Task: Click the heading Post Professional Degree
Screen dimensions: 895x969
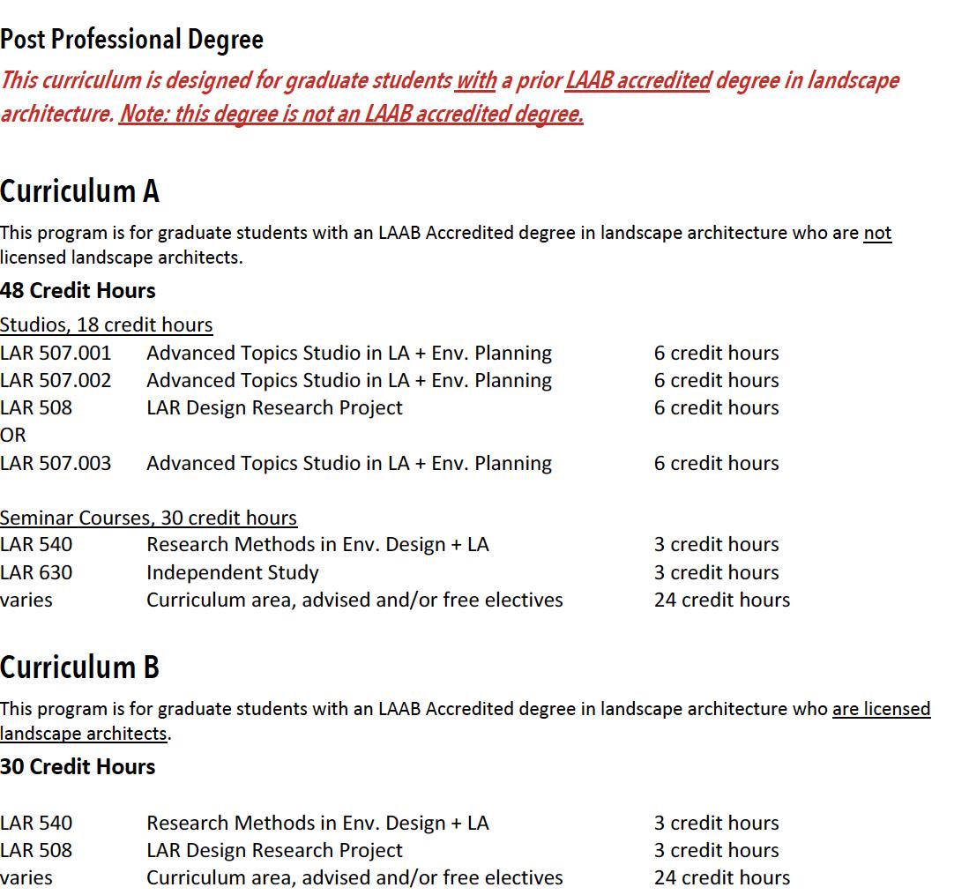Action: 131,40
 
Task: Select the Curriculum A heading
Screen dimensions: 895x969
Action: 79,191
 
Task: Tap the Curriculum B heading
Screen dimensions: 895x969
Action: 79,668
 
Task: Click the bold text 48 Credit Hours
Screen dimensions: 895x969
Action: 78,290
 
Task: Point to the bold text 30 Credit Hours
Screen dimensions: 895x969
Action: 78,766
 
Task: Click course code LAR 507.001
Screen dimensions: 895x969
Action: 56,353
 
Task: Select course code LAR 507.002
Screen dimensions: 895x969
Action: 56,380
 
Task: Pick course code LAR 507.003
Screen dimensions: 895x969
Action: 56,463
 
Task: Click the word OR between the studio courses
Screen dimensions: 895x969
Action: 13,435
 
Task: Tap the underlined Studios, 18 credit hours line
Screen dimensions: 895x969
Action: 106,324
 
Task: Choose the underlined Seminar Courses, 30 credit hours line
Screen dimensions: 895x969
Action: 148,518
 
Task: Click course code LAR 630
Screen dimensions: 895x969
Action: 36,572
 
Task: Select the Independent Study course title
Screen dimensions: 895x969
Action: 232,572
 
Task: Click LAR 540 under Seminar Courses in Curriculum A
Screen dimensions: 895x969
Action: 36,544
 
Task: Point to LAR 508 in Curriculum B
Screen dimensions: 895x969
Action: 36,850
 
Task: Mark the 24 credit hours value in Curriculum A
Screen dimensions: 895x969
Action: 721,600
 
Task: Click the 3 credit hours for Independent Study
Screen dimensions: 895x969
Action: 716,572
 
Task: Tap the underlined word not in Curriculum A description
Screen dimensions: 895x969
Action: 877,233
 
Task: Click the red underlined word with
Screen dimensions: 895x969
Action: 475,80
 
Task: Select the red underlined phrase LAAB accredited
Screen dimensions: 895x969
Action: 637,80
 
